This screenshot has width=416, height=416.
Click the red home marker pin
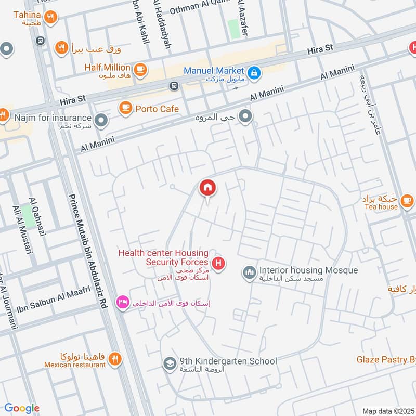point(207,188)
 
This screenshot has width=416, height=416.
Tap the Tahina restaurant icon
point(50,18)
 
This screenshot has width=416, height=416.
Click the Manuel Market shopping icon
point(254,72)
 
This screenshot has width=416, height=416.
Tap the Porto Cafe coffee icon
point(125,108)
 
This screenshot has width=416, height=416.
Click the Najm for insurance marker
point(102,121)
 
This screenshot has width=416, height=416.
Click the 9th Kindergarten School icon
point(169,363)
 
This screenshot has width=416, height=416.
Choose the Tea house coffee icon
point(407,200)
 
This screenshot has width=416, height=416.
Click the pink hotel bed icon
point(123,302)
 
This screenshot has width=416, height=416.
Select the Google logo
point(22,408)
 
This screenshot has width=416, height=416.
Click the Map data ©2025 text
point(387,411)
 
